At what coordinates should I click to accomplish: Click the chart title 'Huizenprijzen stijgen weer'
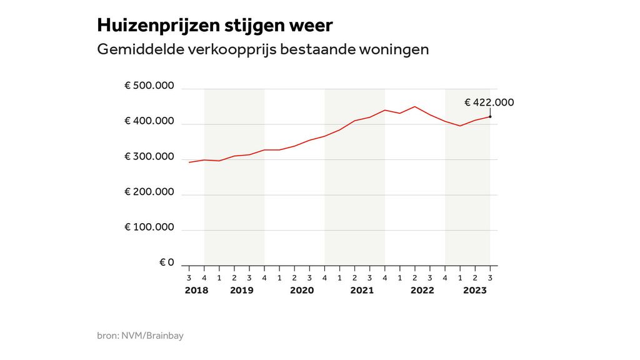[x=215, y=26]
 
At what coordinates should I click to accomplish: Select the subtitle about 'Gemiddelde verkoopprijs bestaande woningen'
[x=262, y=49]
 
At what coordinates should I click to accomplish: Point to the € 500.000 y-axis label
[x=149, y=86]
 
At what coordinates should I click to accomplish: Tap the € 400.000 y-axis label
[x=149, y=121]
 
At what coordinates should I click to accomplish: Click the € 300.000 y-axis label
[x=149, y=156]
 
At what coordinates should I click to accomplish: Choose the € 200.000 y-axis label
[x=149, y=191]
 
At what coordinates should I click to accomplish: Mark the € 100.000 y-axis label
[x=149, y=226]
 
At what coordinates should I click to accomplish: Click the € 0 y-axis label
[x=166, y=262]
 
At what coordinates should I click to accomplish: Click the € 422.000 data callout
[x=489, y=102]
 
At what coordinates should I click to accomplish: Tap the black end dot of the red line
[x=490, y=117]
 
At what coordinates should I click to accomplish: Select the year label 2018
[x=196, y=291]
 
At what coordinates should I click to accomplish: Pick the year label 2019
[x=241, y=291]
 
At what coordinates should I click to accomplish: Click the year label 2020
[x=302, y=291]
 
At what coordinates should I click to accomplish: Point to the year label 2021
[x=362, y=291]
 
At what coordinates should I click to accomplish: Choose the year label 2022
[x=422, y=291]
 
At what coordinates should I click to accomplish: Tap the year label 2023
[x=474, y=291]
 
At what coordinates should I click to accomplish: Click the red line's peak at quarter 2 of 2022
[x=414, y=107]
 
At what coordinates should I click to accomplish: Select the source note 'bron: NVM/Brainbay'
[x=140, y=336]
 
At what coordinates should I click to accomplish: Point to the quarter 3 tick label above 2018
[x=189, y=277]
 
